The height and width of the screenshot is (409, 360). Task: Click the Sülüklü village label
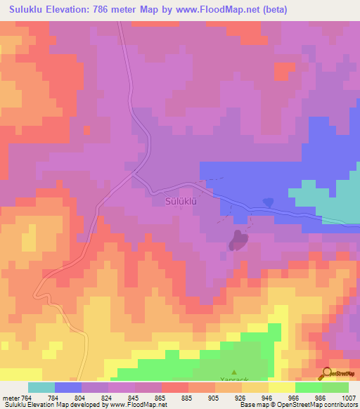tap(179, 201)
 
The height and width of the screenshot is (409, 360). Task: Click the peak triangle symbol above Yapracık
tap(235, 372)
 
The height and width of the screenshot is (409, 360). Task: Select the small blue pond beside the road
tap(268, 202)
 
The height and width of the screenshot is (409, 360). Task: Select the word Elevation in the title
tap(60, 10)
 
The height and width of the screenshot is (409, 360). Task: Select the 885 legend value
tap(186, 398)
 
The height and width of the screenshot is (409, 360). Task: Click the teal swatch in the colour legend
tap(41, 387)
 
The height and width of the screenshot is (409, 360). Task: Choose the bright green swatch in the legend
tap(309, 387)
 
